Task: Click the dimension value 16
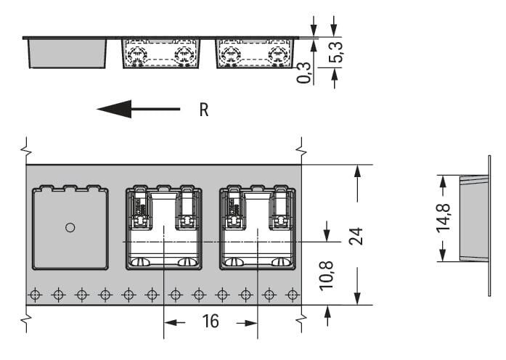(x=210, y=321)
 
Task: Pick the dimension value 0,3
(x=304, y=72)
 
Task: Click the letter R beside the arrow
(x=204, y=110)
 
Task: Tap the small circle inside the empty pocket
(x=70, y=227)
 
